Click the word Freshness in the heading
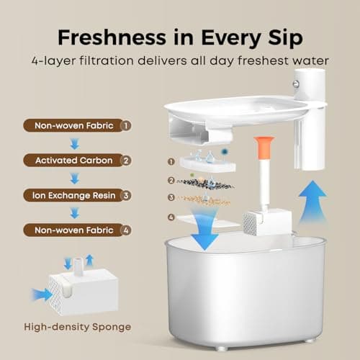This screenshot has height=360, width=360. (x=112, y=37)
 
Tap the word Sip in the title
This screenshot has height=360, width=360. (x=285, y=38)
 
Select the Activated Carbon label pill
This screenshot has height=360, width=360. (x=77, y=161)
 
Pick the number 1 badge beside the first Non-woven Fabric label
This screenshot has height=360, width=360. (x=126, y=125)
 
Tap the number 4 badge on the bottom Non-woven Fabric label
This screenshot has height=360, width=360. (x=126, y=230)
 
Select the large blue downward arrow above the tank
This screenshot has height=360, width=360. (x=204, y=229)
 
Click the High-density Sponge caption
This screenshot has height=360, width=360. (x=78, y=327)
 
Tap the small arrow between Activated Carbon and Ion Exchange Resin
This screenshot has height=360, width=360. (x=75, y=179)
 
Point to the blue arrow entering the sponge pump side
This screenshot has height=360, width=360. (x=42, y=294)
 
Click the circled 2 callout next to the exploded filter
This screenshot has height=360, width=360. (x=171, y=180)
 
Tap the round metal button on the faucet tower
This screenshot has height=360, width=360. (x=296, y=84)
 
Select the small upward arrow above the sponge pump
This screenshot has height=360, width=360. (x=89, y=260)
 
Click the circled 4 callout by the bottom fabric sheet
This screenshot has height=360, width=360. (x=171, y=217)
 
